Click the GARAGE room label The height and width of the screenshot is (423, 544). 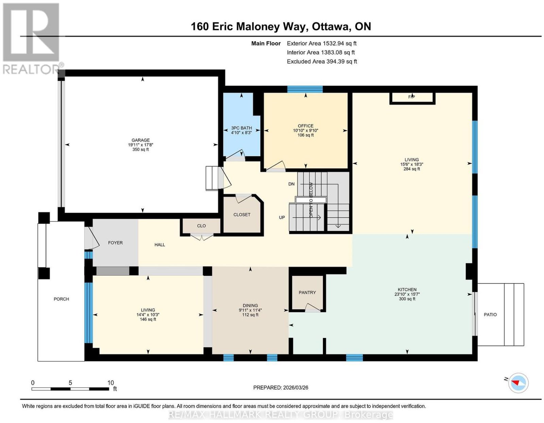[x=141, y=140]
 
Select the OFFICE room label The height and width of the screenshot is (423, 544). [x=305, y=126]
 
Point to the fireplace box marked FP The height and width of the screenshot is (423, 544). [x=412, y=98]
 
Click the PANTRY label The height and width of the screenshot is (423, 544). [x=307, y=292]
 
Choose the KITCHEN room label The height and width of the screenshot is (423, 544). [x=407, y=290]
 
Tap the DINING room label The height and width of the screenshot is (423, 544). [x=250, y=305]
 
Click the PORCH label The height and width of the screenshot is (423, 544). [x=61, y=299]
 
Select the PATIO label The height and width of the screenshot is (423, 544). [x=490, y=314]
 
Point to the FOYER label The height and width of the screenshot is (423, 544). [x=115, y=243]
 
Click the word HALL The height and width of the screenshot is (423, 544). [x=160, y=245]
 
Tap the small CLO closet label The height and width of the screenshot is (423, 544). [x=201, y=226]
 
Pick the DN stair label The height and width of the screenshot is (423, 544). [x=291, y=184]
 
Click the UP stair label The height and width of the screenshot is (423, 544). [x=282, y=217]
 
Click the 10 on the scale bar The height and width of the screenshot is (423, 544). [x=111, y=383]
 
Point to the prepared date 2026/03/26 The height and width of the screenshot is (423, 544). [x=295, y=388]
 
